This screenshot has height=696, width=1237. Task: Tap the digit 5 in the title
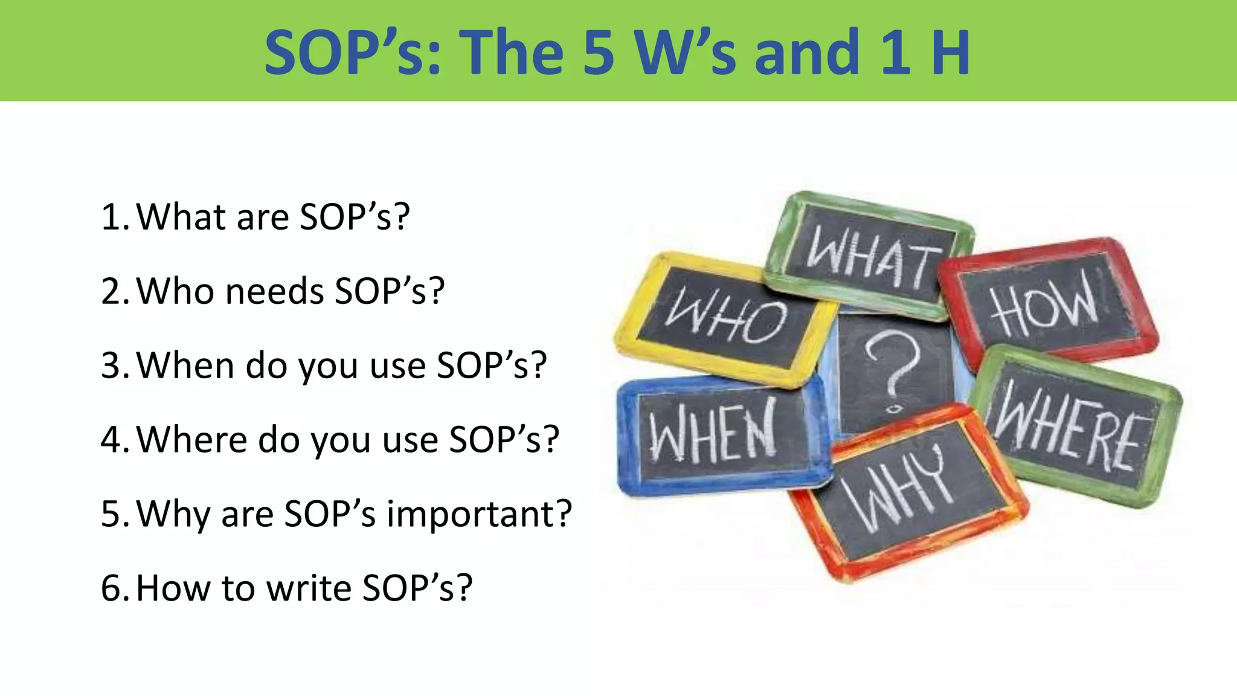pos(599,53)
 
